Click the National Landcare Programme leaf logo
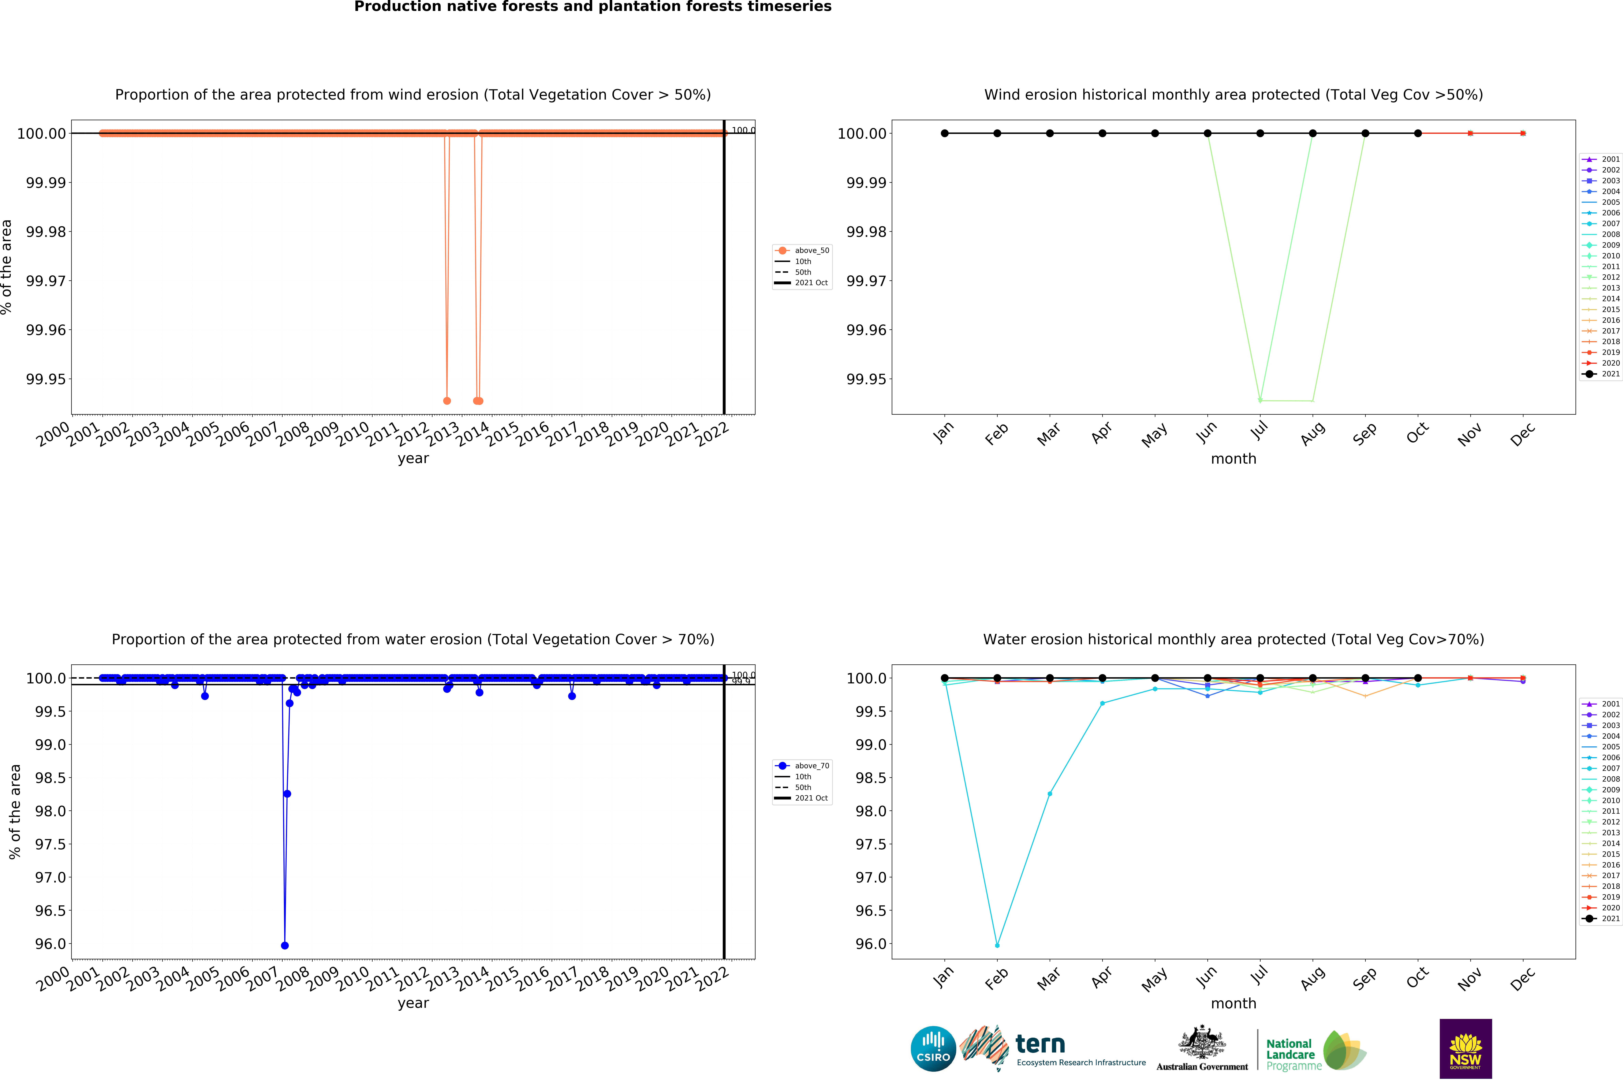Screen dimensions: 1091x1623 point(1344,1051)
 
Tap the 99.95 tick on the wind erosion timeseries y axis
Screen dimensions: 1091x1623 point(46,379)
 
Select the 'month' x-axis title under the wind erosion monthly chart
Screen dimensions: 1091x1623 point(1233,458)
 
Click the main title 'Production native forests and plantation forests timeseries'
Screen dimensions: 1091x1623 point(593,7)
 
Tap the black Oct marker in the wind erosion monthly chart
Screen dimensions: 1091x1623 point(1418,133)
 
